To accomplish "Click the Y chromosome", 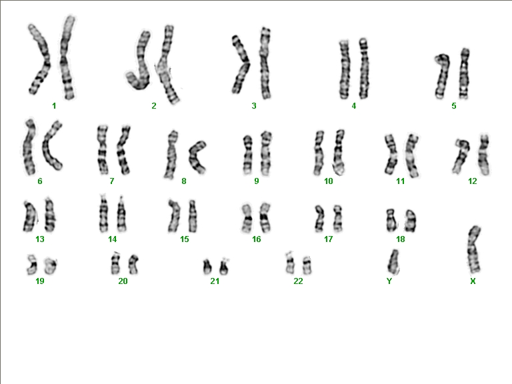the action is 393,262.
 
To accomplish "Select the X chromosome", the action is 473,249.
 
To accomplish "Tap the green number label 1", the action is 54,106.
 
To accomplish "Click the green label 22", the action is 298,281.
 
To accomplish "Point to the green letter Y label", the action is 389,281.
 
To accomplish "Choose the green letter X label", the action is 473,281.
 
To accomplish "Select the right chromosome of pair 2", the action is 167,65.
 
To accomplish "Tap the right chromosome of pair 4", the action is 364,69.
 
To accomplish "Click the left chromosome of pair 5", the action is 443,77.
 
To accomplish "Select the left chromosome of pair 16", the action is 247,218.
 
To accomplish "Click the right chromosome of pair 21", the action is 224,267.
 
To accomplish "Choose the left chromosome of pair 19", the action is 32,265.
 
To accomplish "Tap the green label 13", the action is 40,239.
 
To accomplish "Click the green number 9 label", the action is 257,181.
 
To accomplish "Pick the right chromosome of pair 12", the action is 484,155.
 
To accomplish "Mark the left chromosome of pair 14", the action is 103,214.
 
